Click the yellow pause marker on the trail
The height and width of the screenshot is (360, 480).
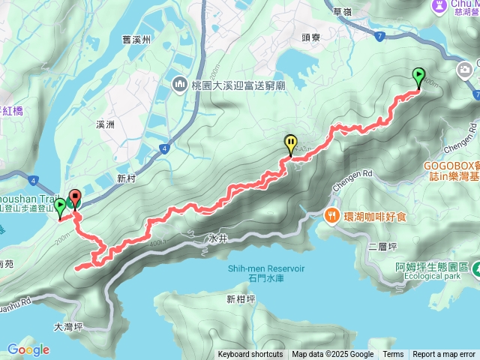[x=290, y=142]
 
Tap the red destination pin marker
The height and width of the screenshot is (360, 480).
[x=74, y=199]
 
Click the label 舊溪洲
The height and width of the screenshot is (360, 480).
[x=138, y=40]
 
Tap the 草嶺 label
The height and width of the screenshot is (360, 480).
[x=342, y=11]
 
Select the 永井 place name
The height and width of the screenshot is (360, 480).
[x=217, y=239]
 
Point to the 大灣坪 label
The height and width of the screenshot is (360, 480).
[x=69, y=327]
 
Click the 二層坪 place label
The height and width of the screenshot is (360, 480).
[x=382, y=245]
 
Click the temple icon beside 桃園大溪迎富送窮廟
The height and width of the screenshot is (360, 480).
[x=179, y=84]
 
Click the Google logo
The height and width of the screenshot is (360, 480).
[x=28, y=349]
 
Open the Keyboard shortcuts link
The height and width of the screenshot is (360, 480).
[x=250, y=355]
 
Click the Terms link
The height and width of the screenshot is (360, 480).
[x=393, y=355]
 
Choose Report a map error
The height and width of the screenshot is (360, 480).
[x=445, y=355]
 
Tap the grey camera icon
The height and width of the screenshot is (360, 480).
[x=465, y=70]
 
